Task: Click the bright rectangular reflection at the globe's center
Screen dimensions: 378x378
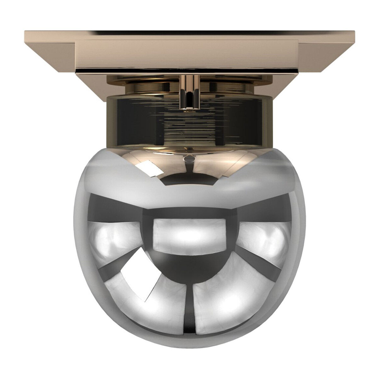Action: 189,235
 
